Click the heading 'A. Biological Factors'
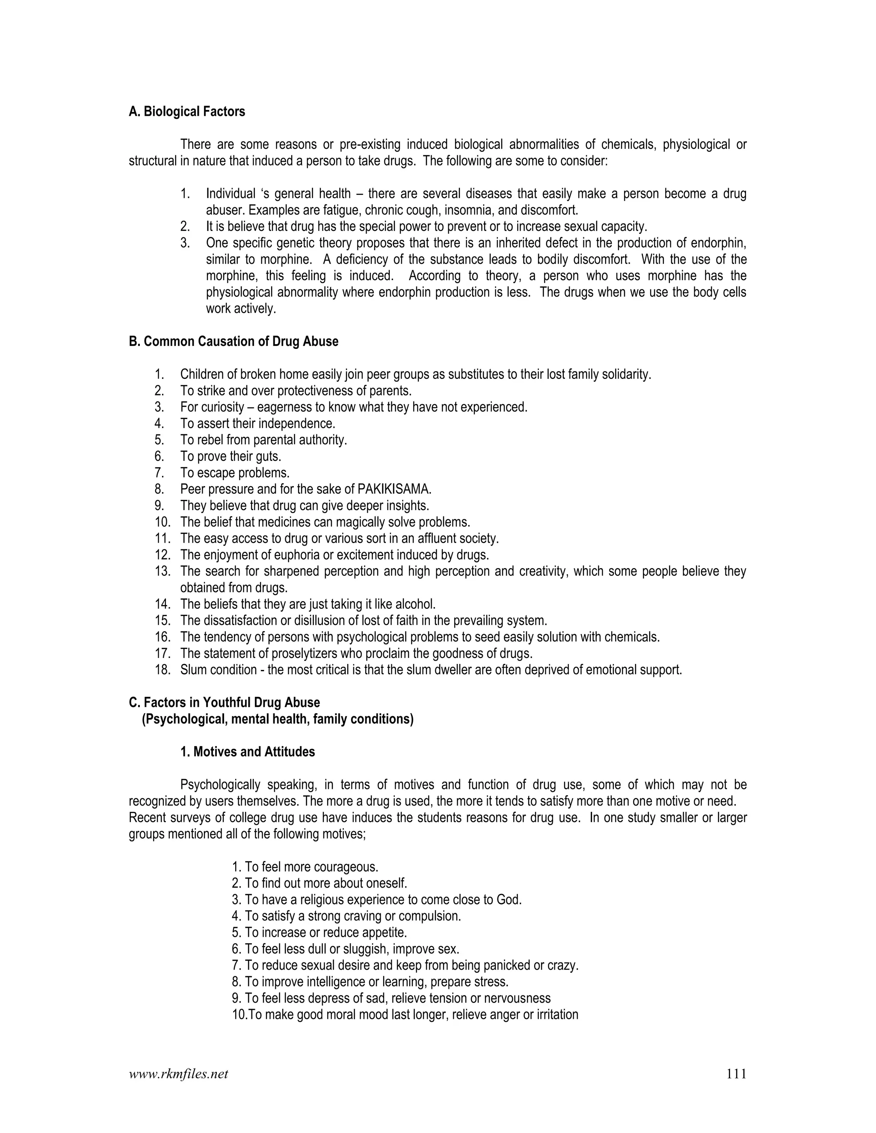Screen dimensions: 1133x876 pos(187,112)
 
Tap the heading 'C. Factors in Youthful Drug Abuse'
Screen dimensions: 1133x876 pos(224,702)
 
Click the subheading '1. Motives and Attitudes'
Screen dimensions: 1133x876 pos(248,752)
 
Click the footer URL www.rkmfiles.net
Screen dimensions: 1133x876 pos(178,1074)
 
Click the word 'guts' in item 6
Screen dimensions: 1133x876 pos(269,457)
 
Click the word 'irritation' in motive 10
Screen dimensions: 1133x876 pos(557,1015)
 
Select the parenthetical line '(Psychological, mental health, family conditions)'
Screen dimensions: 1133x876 pos(278,719)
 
